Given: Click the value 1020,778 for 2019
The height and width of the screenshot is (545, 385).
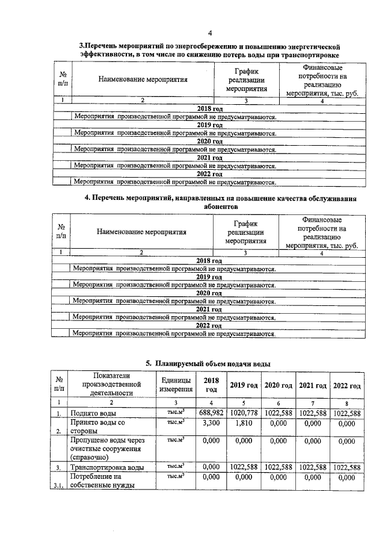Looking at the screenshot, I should [244, 413].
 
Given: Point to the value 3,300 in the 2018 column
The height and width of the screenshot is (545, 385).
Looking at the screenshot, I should [211, 423].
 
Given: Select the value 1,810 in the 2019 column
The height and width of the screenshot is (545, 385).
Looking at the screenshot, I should [244, 423].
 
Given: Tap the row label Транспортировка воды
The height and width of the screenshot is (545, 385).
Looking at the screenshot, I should [107, 467].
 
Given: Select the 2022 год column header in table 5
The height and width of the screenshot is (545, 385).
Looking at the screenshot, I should [346, 385].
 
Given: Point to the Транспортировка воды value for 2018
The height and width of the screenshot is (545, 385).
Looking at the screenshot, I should [211, 467].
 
